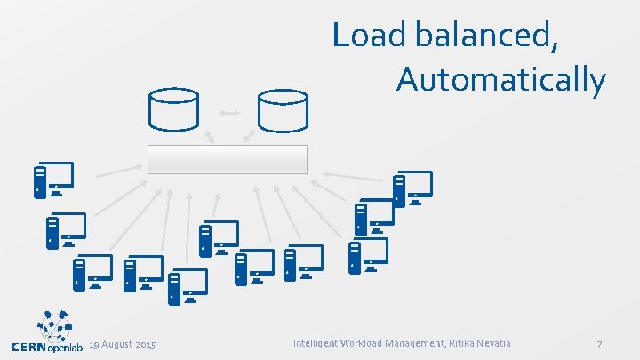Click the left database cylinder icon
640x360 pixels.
173,111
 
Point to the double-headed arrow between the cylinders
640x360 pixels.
228,113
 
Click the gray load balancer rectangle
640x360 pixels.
227,159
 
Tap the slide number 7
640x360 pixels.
600,344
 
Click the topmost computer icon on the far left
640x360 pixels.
53,180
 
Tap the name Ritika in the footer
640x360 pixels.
455,343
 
